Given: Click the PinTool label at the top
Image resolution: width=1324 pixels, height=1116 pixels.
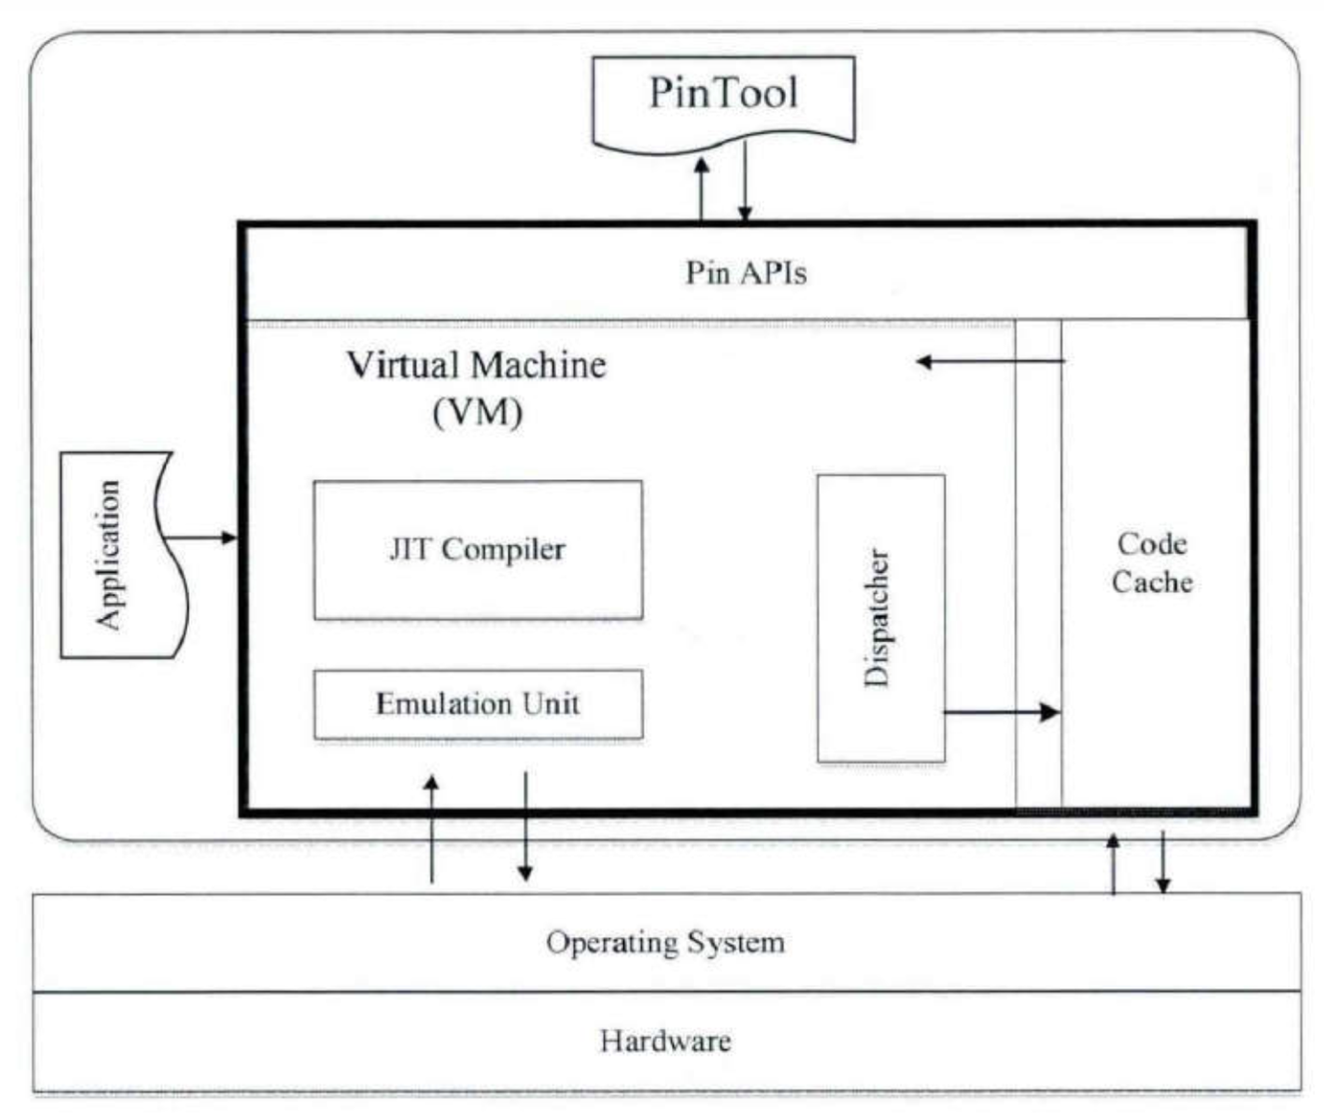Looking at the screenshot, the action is tap(724, 93).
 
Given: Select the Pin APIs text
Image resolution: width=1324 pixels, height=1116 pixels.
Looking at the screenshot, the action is tap(746, 274).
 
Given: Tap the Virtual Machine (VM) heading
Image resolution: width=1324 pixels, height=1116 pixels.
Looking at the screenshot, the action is tap(477, 388).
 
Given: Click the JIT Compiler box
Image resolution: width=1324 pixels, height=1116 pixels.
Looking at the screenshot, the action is tap(478, 550).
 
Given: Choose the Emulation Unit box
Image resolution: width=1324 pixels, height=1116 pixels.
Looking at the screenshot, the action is tap(478, 705).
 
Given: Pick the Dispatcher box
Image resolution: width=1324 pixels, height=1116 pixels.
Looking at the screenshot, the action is tap(881, 618).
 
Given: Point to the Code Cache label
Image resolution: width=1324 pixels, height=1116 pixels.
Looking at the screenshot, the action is tap(1152, 563).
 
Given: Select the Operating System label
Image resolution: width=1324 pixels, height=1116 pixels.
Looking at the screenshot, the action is tap(665, 942).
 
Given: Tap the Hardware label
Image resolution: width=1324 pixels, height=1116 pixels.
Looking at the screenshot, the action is tap(665, 1041).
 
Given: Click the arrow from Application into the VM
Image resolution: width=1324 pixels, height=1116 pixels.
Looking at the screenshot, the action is tap(200, 538).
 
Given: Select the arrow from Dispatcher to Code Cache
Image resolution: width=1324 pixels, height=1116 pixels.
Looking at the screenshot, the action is tap(1002, 712).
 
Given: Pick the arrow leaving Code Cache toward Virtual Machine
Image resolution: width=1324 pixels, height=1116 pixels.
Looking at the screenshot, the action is tap(991, 361).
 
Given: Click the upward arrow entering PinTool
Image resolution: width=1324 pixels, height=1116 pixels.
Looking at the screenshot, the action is tap(701, 189).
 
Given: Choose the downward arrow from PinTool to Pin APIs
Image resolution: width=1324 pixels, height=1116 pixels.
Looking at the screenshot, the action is tap(745, 181).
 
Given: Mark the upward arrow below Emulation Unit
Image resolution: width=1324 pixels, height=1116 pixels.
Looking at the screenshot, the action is tap(431, 829).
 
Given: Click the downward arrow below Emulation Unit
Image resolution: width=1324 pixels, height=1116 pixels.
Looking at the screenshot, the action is tap(525, 827).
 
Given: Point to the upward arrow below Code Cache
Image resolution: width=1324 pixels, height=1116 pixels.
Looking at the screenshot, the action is tap(1113, 863).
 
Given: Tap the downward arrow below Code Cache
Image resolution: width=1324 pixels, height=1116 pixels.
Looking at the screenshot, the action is tap(1162, 862).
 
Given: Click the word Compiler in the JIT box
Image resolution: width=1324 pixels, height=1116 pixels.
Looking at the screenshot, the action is tap(503, 550).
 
